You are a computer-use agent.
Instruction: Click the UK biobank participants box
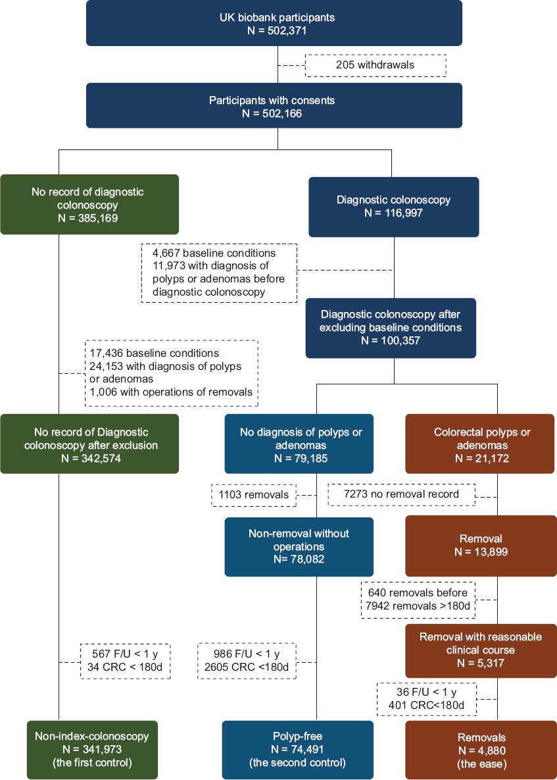pyautogui.click(x=274, y=24)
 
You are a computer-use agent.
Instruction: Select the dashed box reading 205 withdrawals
pyautogui.click(x=375, y=65)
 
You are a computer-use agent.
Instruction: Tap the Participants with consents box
pyautogui.click(x=274, y=105)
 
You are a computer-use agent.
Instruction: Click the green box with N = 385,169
pyautogui.click(x=89, y=205)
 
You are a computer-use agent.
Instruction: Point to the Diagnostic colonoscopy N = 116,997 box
pyautogui.click(x=394, y=207)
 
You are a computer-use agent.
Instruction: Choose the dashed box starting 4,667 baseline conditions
pyautogui.click(x=219, y=273)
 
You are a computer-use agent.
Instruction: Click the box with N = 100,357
pyautogui.click(x=391, y=328)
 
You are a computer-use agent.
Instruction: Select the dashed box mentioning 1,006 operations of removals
pyautogui.click(x=172, y=373)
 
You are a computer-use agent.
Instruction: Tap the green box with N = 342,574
pyautogui.click(x=89, y=444)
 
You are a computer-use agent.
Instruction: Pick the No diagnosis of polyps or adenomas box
pyautogui.click(x=299, y=444)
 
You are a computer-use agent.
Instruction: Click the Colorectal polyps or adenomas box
pyautogui.click(x=480, y=444)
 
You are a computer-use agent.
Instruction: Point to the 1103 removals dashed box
pyautogui.click(x=254, y=495)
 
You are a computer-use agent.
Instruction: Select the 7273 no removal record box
pyautogui.click(x=402, y=494)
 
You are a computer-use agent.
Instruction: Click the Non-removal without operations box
pyautogui.click(x=299, y=547)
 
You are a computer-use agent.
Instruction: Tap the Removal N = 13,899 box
pyautogui.click(x=480, y=546)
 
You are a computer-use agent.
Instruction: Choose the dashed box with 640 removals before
pyautogui.click(x=418, y=600)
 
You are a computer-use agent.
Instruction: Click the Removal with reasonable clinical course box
pyautogui.click(x=481, y=651)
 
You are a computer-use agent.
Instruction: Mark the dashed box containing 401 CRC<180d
pyautogui.click(x=427, y=700)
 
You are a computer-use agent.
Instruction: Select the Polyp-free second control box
pyautogui.click(x=298, y=750)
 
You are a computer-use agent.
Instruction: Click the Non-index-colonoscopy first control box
pyautogui.click(x=93, y=750)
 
